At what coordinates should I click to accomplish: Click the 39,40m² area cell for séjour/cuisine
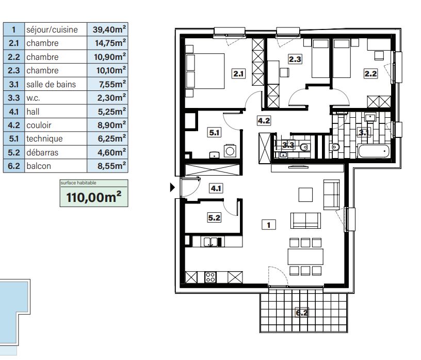(107, 29)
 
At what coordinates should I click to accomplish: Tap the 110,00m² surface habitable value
(94, 197)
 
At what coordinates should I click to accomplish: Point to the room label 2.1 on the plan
(238, 73)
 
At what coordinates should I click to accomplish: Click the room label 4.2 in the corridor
(264, 121)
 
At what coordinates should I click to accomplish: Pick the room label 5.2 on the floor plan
(214, 217)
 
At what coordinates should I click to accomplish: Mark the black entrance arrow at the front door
(173, 187)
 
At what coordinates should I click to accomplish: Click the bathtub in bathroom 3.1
(374, 151)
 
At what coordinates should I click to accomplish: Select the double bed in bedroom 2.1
(205, 71)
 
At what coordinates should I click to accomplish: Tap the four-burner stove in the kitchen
(211, 277)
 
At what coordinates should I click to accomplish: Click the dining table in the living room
(305, 257)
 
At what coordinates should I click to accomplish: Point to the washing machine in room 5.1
(230, 151)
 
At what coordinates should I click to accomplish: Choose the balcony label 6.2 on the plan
(301, 312)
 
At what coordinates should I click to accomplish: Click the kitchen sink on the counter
(211, 242)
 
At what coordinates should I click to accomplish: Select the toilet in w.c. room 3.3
(304, 147)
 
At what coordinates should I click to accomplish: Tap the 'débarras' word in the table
(42, 152)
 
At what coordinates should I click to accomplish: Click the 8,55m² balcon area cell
(107, 166)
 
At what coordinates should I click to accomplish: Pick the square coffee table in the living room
(305, 195)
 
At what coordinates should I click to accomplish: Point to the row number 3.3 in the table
(14, 98)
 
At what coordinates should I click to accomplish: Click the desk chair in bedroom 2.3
(284, 72)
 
